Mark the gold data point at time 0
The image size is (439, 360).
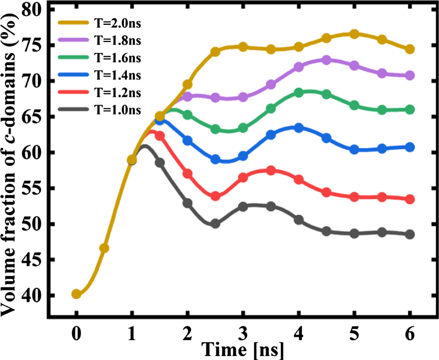[x=77, y=294]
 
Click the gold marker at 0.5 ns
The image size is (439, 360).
[x=104, y=248]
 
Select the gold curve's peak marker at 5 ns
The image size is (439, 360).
[x=354, y=34]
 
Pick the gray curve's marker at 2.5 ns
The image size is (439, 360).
[x=215, y=224]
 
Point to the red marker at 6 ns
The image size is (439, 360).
[x=410, y=199]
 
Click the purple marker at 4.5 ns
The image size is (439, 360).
[x=327, y=60]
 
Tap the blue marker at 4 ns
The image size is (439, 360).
[x=299, y=128]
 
